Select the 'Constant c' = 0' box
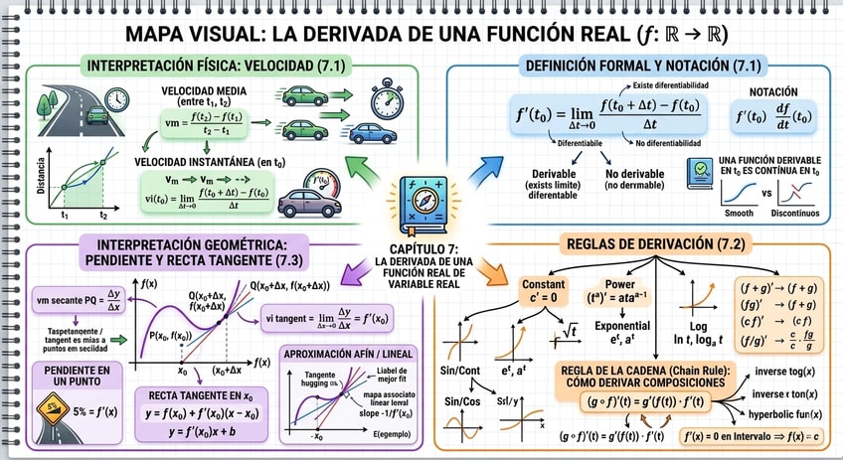tap(542, 291)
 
